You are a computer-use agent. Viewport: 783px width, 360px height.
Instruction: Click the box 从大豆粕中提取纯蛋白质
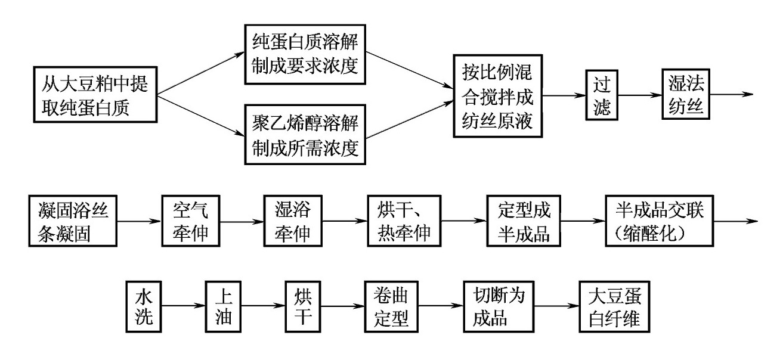95,94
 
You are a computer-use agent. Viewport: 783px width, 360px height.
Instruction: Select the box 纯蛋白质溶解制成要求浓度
305,54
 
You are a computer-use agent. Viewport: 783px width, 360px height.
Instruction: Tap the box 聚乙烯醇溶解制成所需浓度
305,135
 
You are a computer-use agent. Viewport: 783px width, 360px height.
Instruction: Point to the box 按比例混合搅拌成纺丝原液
498,96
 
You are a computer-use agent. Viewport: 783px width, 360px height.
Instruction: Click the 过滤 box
602,95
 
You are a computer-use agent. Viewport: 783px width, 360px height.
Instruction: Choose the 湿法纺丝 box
686,94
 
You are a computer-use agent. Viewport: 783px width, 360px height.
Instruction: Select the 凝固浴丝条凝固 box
73,221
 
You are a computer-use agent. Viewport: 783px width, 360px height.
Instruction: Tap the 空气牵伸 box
190,221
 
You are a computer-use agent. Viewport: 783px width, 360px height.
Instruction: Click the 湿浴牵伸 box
293,221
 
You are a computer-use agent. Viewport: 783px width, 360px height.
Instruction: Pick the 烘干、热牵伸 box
404,221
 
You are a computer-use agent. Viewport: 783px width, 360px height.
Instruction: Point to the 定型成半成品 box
524,221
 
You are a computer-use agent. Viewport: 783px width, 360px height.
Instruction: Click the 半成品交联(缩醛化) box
660,221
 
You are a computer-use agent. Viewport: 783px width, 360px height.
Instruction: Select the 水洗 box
144,306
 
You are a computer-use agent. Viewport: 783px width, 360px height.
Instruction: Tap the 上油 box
223,306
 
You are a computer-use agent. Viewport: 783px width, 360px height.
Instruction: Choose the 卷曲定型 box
391,306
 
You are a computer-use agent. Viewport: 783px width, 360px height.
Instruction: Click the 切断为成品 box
499,306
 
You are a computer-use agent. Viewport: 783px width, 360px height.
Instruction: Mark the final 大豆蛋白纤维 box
614,306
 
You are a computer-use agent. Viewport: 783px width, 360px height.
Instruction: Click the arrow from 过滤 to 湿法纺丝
640,95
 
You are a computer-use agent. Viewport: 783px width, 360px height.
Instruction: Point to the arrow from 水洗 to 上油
184,306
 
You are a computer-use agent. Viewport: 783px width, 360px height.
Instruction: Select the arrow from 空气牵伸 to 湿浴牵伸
242,221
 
